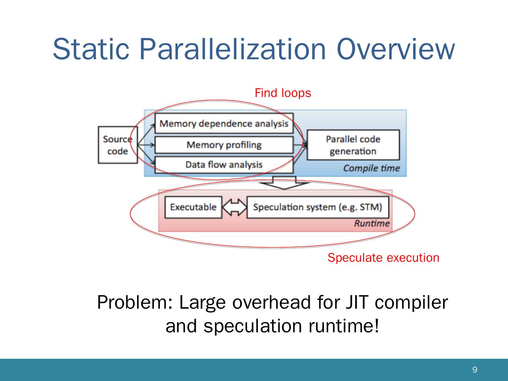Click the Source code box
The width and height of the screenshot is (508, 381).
pyautogui.click(x=118, y=145)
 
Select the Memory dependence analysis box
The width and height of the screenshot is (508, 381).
pyautogui.click(x=224, y=123)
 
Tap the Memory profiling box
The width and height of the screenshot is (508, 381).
pyautogui.click(x=224, y=145)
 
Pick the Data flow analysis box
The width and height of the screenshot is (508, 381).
pyautogui.click(x=224, y=165)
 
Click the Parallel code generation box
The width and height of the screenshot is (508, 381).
pyautogui.click(x=353, y=145)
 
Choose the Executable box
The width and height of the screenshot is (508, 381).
pyautogui.click(x=193, y=207)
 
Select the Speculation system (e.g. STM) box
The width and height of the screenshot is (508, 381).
pyautogui.click(x=318, y=207)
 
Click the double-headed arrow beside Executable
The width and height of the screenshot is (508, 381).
pyautogui.click(x=235, y=207)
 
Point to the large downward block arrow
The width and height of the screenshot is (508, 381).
pyautogui.click(x=284, y=183)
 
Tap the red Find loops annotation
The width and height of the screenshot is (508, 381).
pyautogui.click(x=283, y=93)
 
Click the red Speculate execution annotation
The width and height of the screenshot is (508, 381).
pyautogui.click(x=383, y=258)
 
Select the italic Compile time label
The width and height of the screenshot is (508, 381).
pyautogui.click(x=371, y=168)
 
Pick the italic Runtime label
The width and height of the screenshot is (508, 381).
pyautogui.click(x=372, y=223)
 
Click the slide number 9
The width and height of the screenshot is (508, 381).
pyautogui.click(x=475, y=369)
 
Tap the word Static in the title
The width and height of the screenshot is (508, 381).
pyautogui.click(x=91, y=49)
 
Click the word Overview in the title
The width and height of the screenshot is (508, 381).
pyautogui.click(x=396, y=49)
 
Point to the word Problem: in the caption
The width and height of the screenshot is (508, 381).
pyautogui.click(x=135, y=302)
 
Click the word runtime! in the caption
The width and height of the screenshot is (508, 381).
pyautogui.click(x=344, y=326)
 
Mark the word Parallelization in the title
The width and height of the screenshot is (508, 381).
pyautogui.click(x=232, y=49)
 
